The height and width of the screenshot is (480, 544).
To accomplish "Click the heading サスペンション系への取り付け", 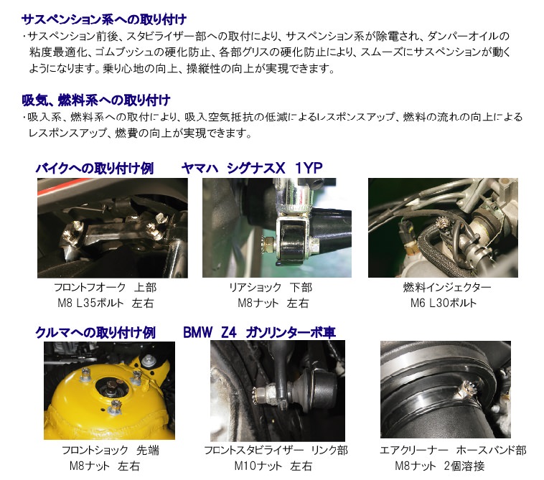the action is coord(104,19).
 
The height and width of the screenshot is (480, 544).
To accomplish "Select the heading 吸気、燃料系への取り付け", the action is coord(95,100).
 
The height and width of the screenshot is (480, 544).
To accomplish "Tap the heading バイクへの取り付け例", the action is coord(94,168).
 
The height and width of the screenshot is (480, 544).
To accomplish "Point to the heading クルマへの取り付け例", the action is coord(95,333).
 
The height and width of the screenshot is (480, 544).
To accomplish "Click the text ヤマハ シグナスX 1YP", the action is coord(252,168).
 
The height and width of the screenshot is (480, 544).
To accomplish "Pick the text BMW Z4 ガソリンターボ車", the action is coord(259,333).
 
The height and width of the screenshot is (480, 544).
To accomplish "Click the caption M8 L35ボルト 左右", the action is coord(105,303).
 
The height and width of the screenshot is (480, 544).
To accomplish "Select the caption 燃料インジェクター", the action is coord(447,287).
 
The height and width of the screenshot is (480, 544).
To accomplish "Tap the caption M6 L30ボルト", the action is coord(444,303).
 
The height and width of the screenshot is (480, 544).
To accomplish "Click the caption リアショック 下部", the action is coord(271,287).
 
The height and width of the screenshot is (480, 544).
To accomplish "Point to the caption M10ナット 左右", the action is coord(273,466).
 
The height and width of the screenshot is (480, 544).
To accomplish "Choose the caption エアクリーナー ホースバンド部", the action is coord(453,450).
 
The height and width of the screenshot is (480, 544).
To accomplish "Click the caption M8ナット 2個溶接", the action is coord(439,466).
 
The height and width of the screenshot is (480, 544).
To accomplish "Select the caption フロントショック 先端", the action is coord(111,450).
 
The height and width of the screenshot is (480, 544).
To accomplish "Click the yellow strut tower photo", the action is coord(109,390).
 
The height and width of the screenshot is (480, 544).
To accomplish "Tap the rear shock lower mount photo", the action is coord(277,227).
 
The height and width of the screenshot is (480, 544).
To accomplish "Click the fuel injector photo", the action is coord(443,227).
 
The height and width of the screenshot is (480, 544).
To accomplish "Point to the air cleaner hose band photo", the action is coord(446,390).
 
